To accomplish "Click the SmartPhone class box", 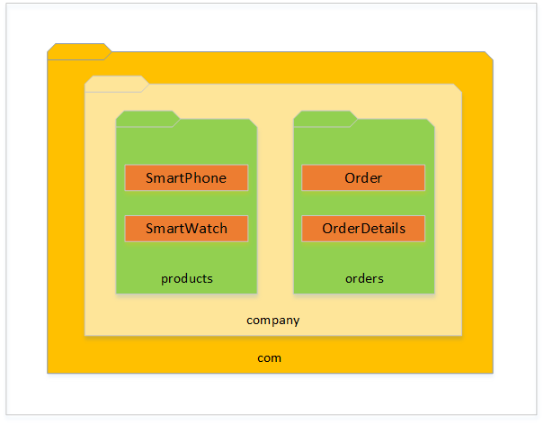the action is [186, 177].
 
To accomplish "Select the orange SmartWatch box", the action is [186, 229].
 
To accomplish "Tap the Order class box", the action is [363, 177].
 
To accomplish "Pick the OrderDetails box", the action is [363, 229].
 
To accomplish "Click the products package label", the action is [187, 279].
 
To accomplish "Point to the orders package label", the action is [364, 278].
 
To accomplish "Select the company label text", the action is [273, 321].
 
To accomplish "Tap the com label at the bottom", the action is [269, 358].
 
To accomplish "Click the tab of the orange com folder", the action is [79, 52].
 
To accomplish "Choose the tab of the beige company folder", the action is [117, 84].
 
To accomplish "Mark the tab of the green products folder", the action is [147, 119].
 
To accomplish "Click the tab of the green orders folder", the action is [326, 119].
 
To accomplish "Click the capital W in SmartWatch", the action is [193, 229].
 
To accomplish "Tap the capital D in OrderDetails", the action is [366, 229].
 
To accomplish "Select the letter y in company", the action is [296, 321].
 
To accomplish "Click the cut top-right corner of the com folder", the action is [489, 57].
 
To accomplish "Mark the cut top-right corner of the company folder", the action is [458, 88].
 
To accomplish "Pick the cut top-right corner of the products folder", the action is [254, 123].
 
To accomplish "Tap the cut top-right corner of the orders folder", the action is [431, 123].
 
